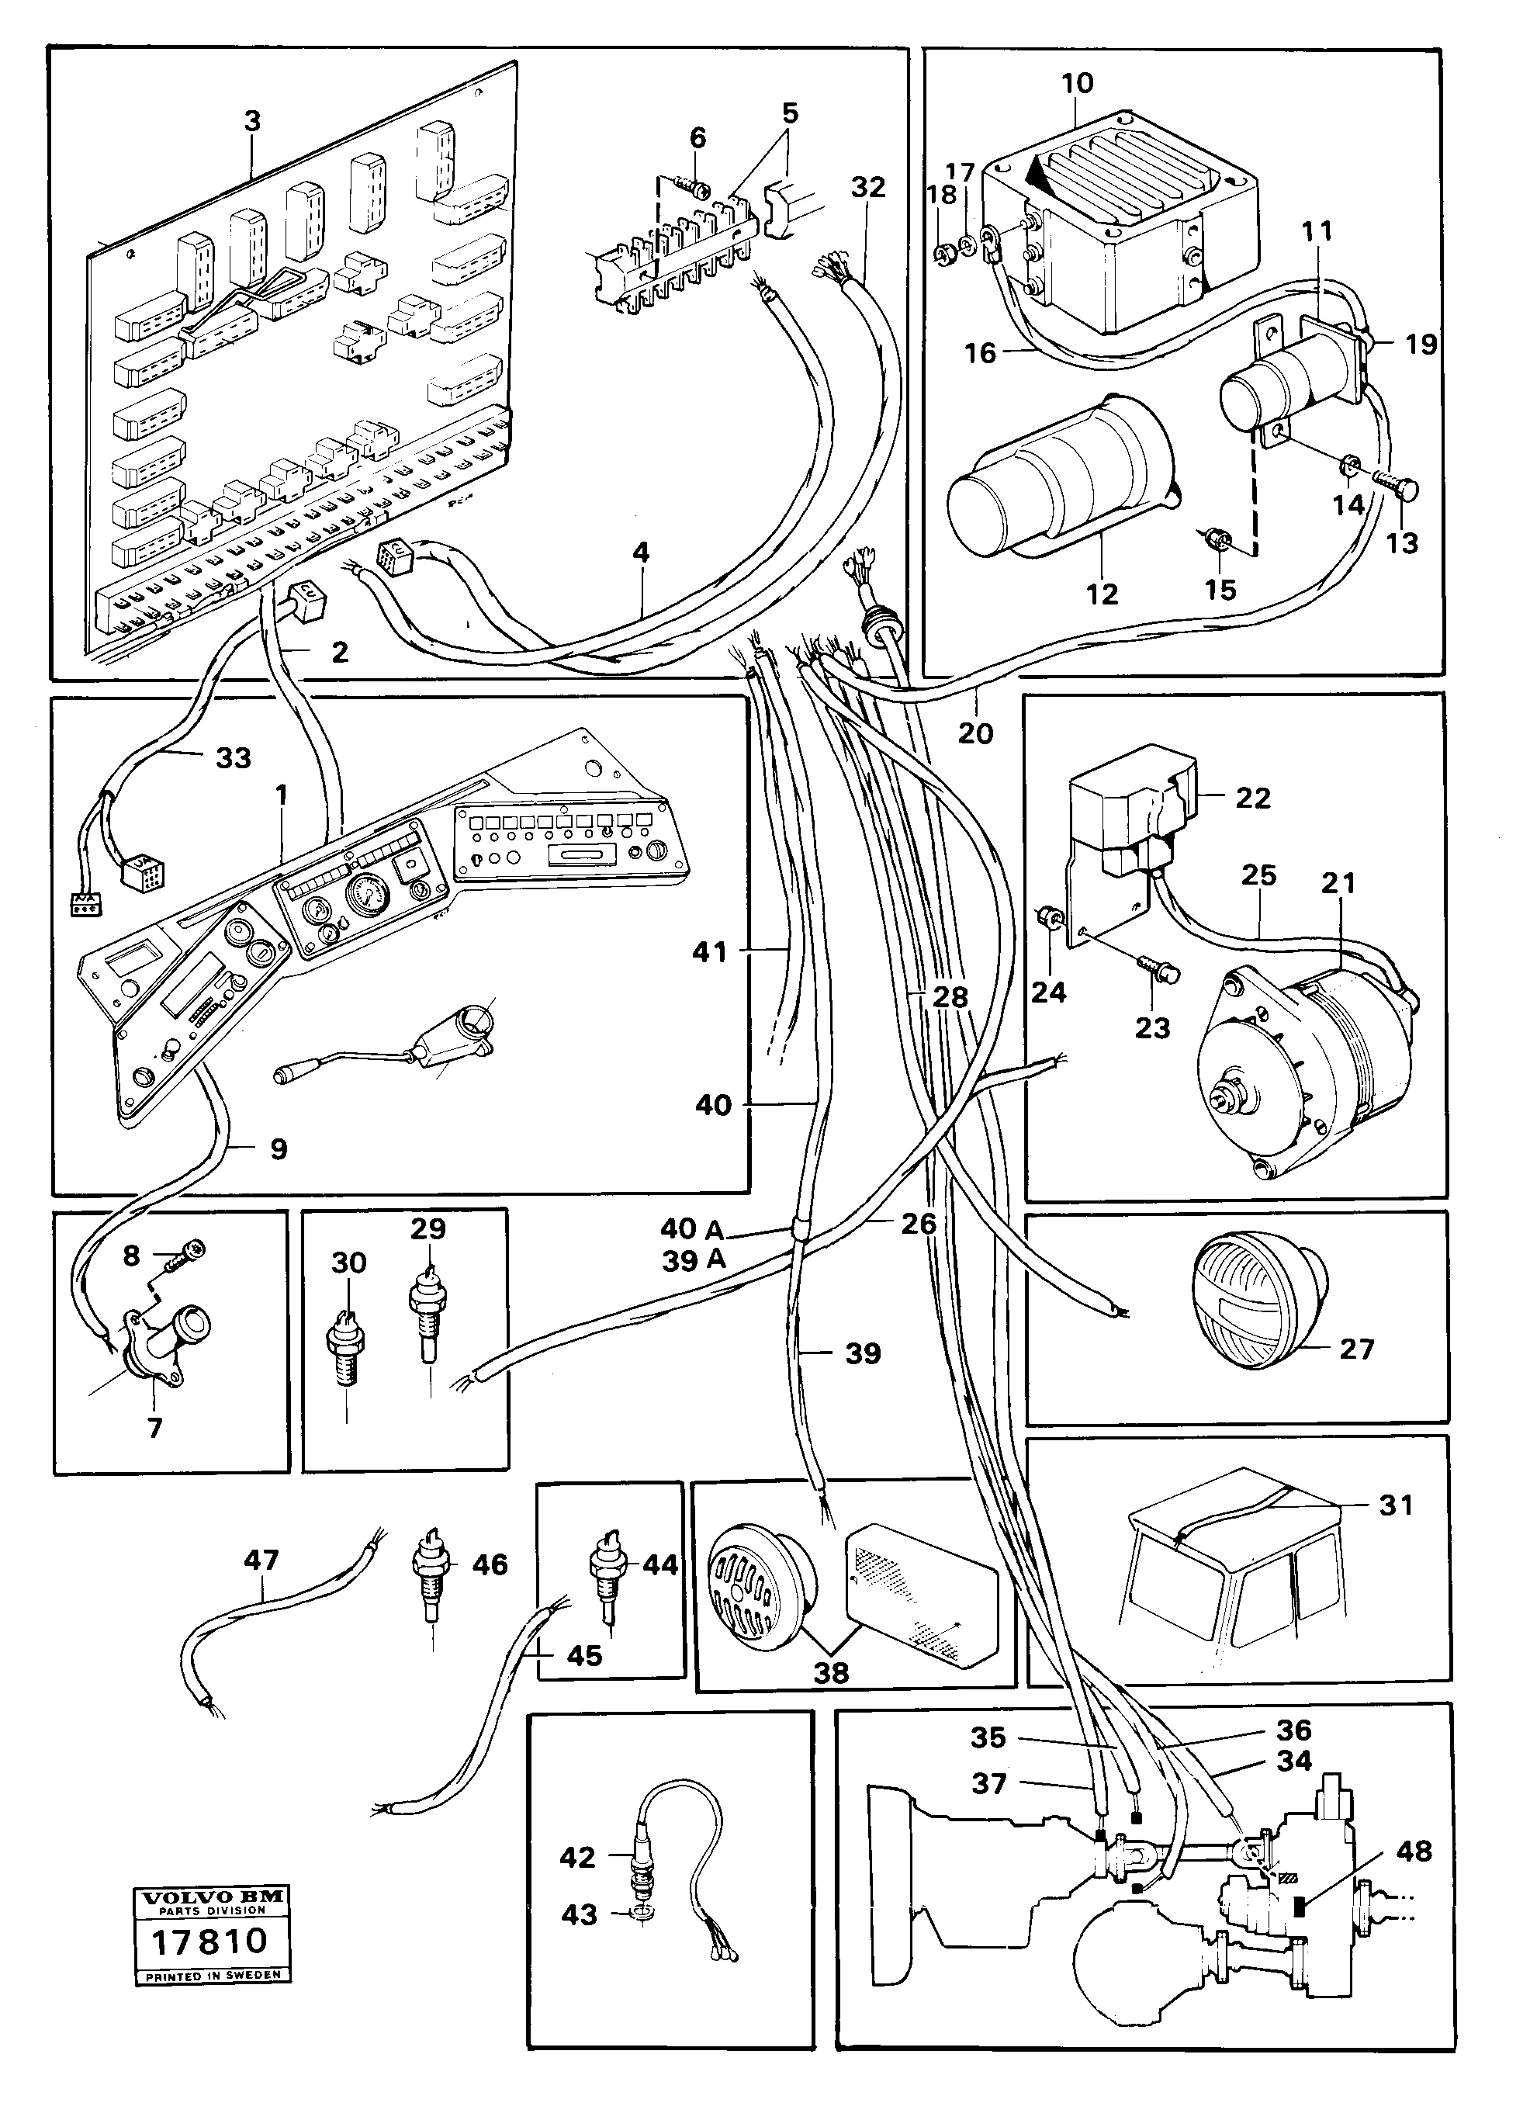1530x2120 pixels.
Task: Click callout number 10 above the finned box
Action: click(1077, 83)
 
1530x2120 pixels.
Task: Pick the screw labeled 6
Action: click(694, 188)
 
